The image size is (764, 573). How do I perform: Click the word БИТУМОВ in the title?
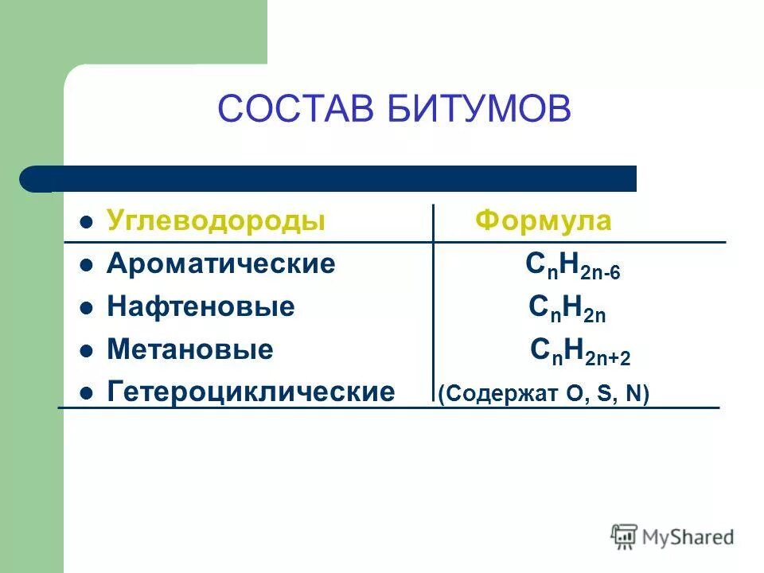click(480, 108)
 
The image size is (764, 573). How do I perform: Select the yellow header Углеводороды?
click(216, 221)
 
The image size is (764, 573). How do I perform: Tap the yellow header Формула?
click(544, 221)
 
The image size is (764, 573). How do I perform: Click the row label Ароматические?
click(220, 264)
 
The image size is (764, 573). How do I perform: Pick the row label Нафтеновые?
click(201, 307)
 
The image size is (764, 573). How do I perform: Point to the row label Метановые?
click(189, 349)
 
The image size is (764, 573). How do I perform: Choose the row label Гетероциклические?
click(250, 392)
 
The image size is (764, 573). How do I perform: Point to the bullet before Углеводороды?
click(88, 222)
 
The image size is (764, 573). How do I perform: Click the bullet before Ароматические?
click(88, 265)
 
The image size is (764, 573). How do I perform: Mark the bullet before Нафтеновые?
click(88, 308)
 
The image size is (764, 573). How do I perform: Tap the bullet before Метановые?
click(88, 350)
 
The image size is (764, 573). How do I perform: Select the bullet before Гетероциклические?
click(88, 392)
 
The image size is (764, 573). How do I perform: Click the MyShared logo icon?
click(623, 536)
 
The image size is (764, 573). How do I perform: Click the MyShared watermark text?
click(688, 537)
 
